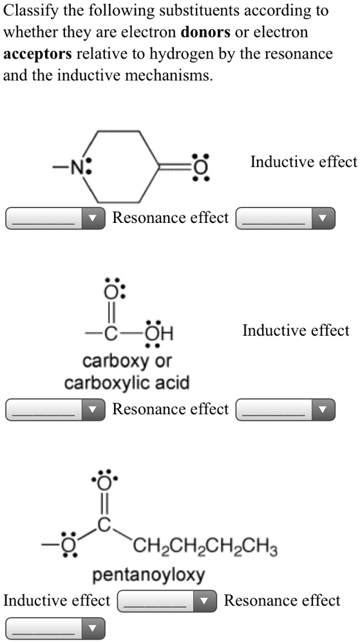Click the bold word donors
[x=205, y=32]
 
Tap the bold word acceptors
[x=38, y=53]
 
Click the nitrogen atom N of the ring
[x=77, y=168]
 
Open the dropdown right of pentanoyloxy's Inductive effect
[x=167, y=601]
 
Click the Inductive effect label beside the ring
[x=304, y=162]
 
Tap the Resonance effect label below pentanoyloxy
[x=282, y=600]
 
